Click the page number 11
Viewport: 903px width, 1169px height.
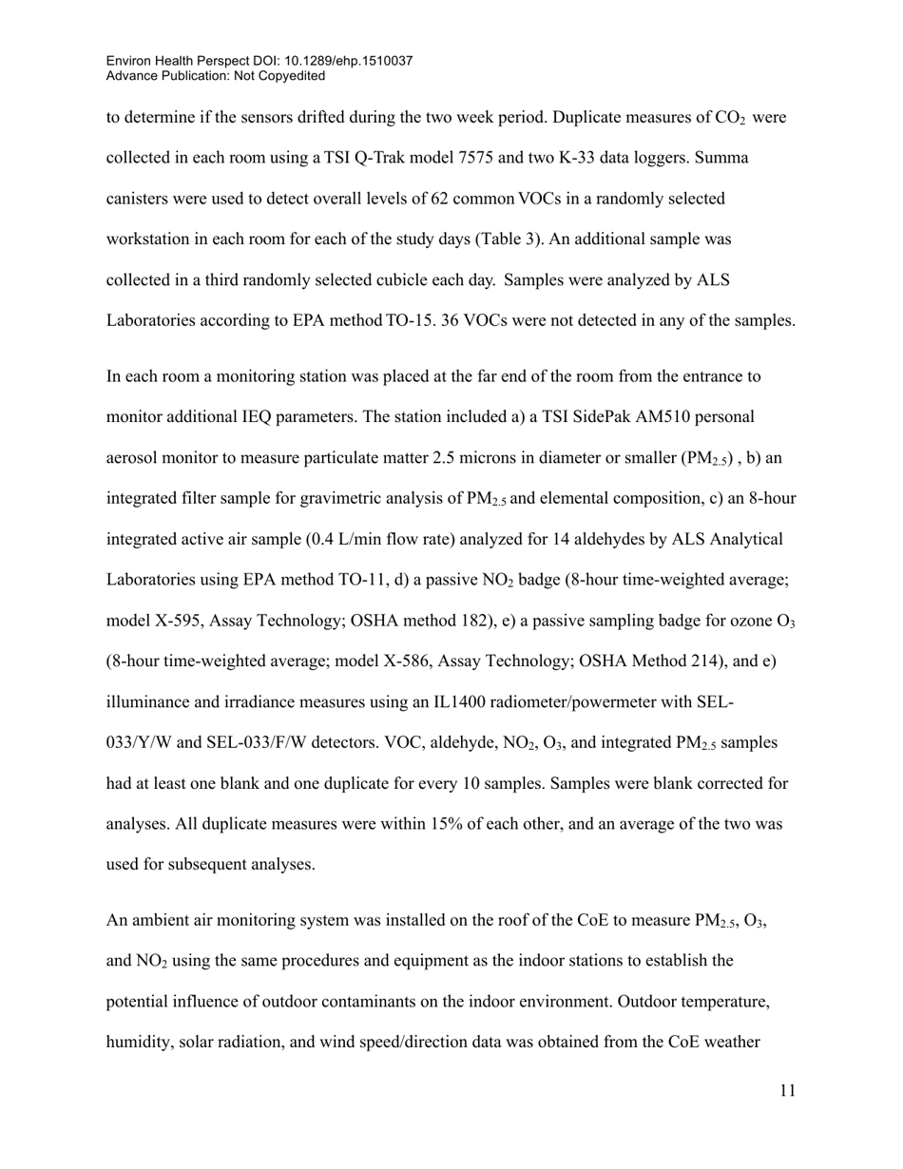tap(787, 1091)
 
